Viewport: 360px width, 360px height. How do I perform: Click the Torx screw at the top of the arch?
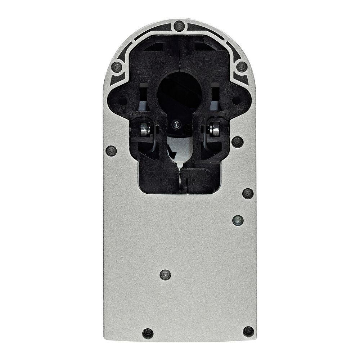(179, 26)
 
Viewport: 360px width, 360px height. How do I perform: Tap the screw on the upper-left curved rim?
(117, 67)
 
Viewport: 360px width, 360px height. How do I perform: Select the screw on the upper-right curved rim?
(242, 67)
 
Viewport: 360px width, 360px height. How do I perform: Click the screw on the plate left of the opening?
(111, 150)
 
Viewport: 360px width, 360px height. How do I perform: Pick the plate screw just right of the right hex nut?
(237, 141)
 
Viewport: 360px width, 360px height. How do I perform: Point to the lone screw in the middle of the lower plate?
(165, 275)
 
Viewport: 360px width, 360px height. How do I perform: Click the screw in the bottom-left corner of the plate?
(148, 333)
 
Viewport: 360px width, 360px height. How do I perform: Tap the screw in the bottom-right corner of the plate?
(248, 331)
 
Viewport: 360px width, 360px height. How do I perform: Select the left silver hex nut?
(145, 129)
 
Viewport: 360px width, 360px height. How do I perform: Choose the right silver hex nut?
(215, 129)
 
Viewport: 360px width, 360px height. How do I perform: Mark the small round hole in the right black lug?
(236, 101)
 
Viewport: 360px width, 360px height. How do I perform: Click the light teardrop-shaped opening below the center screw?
(179, 151)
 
